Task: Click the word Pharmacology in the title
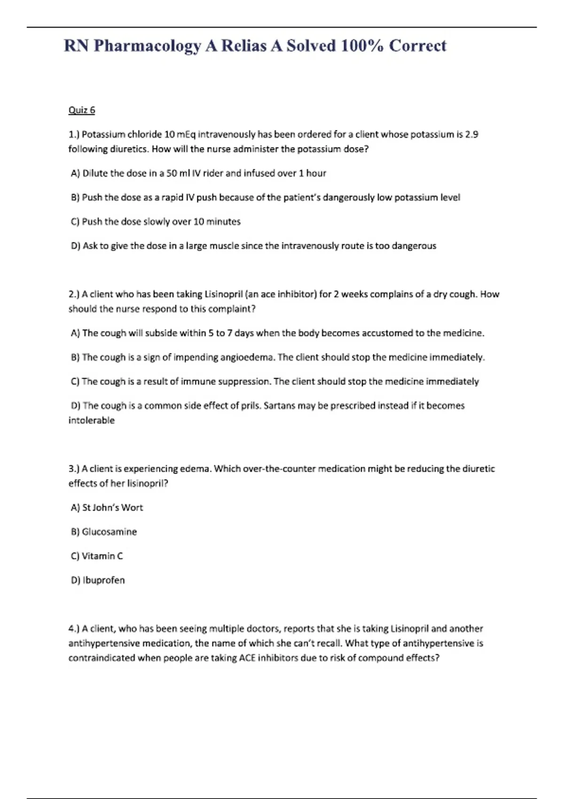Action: pos(148,46)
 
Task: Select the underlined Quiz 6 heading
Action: pos(82,110)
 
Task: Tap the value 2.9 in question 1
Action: pos(471,134)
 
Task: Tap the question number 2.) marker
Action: pos(74,294)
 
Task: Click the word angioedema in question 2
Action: pos(248,357)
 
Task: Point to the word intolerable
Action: pos(92,421)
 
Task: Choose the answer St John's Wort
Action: pos(112,508)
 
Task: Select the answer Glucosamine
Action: pos(109,532)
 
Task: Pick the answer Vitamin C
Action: pos(102,556)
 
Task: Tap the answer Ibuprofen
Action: pos(103,580)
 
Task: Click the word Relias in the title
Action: pos(244,46)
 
